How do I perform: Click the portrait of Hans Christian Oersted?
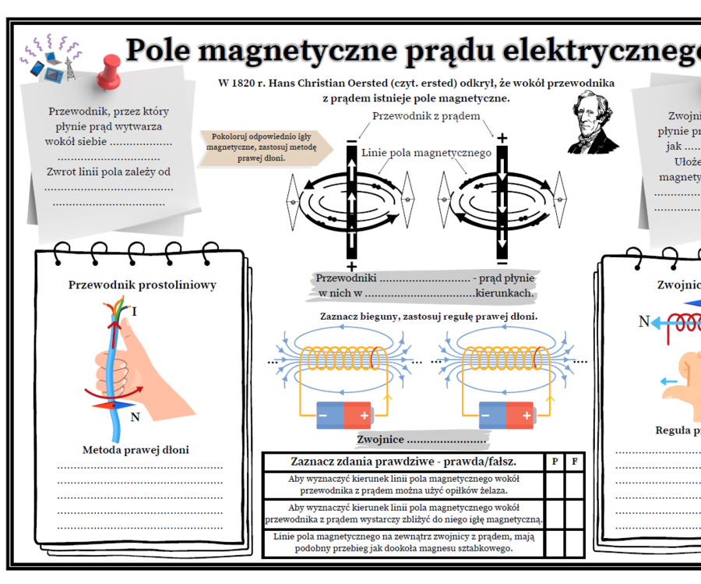coord(592,122)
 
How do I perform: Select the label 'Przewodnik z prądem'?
coord(426,116)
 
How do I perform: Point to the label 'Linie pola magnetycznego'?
coord(426,152)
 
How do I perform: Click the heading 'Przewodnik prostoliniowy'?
coord(143,285)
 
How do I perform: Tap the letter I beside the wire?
coord(135,312)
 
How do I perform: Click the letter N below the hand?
coord(135,417)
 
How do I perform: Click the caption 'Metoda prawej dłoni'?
coord(136,450)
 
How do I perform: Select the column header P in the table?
coord(555,462)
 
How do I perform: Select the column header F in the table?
coord(575,462)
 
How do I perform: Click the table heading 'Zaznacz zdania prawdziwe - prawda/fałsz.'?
coord(403,462)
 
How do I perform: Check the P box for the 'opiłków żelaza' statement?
coord(555,484)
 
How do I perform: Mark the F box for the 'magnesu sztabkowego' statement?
coord(575,543)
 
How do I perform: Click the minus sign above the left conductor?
coord(351,140)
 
